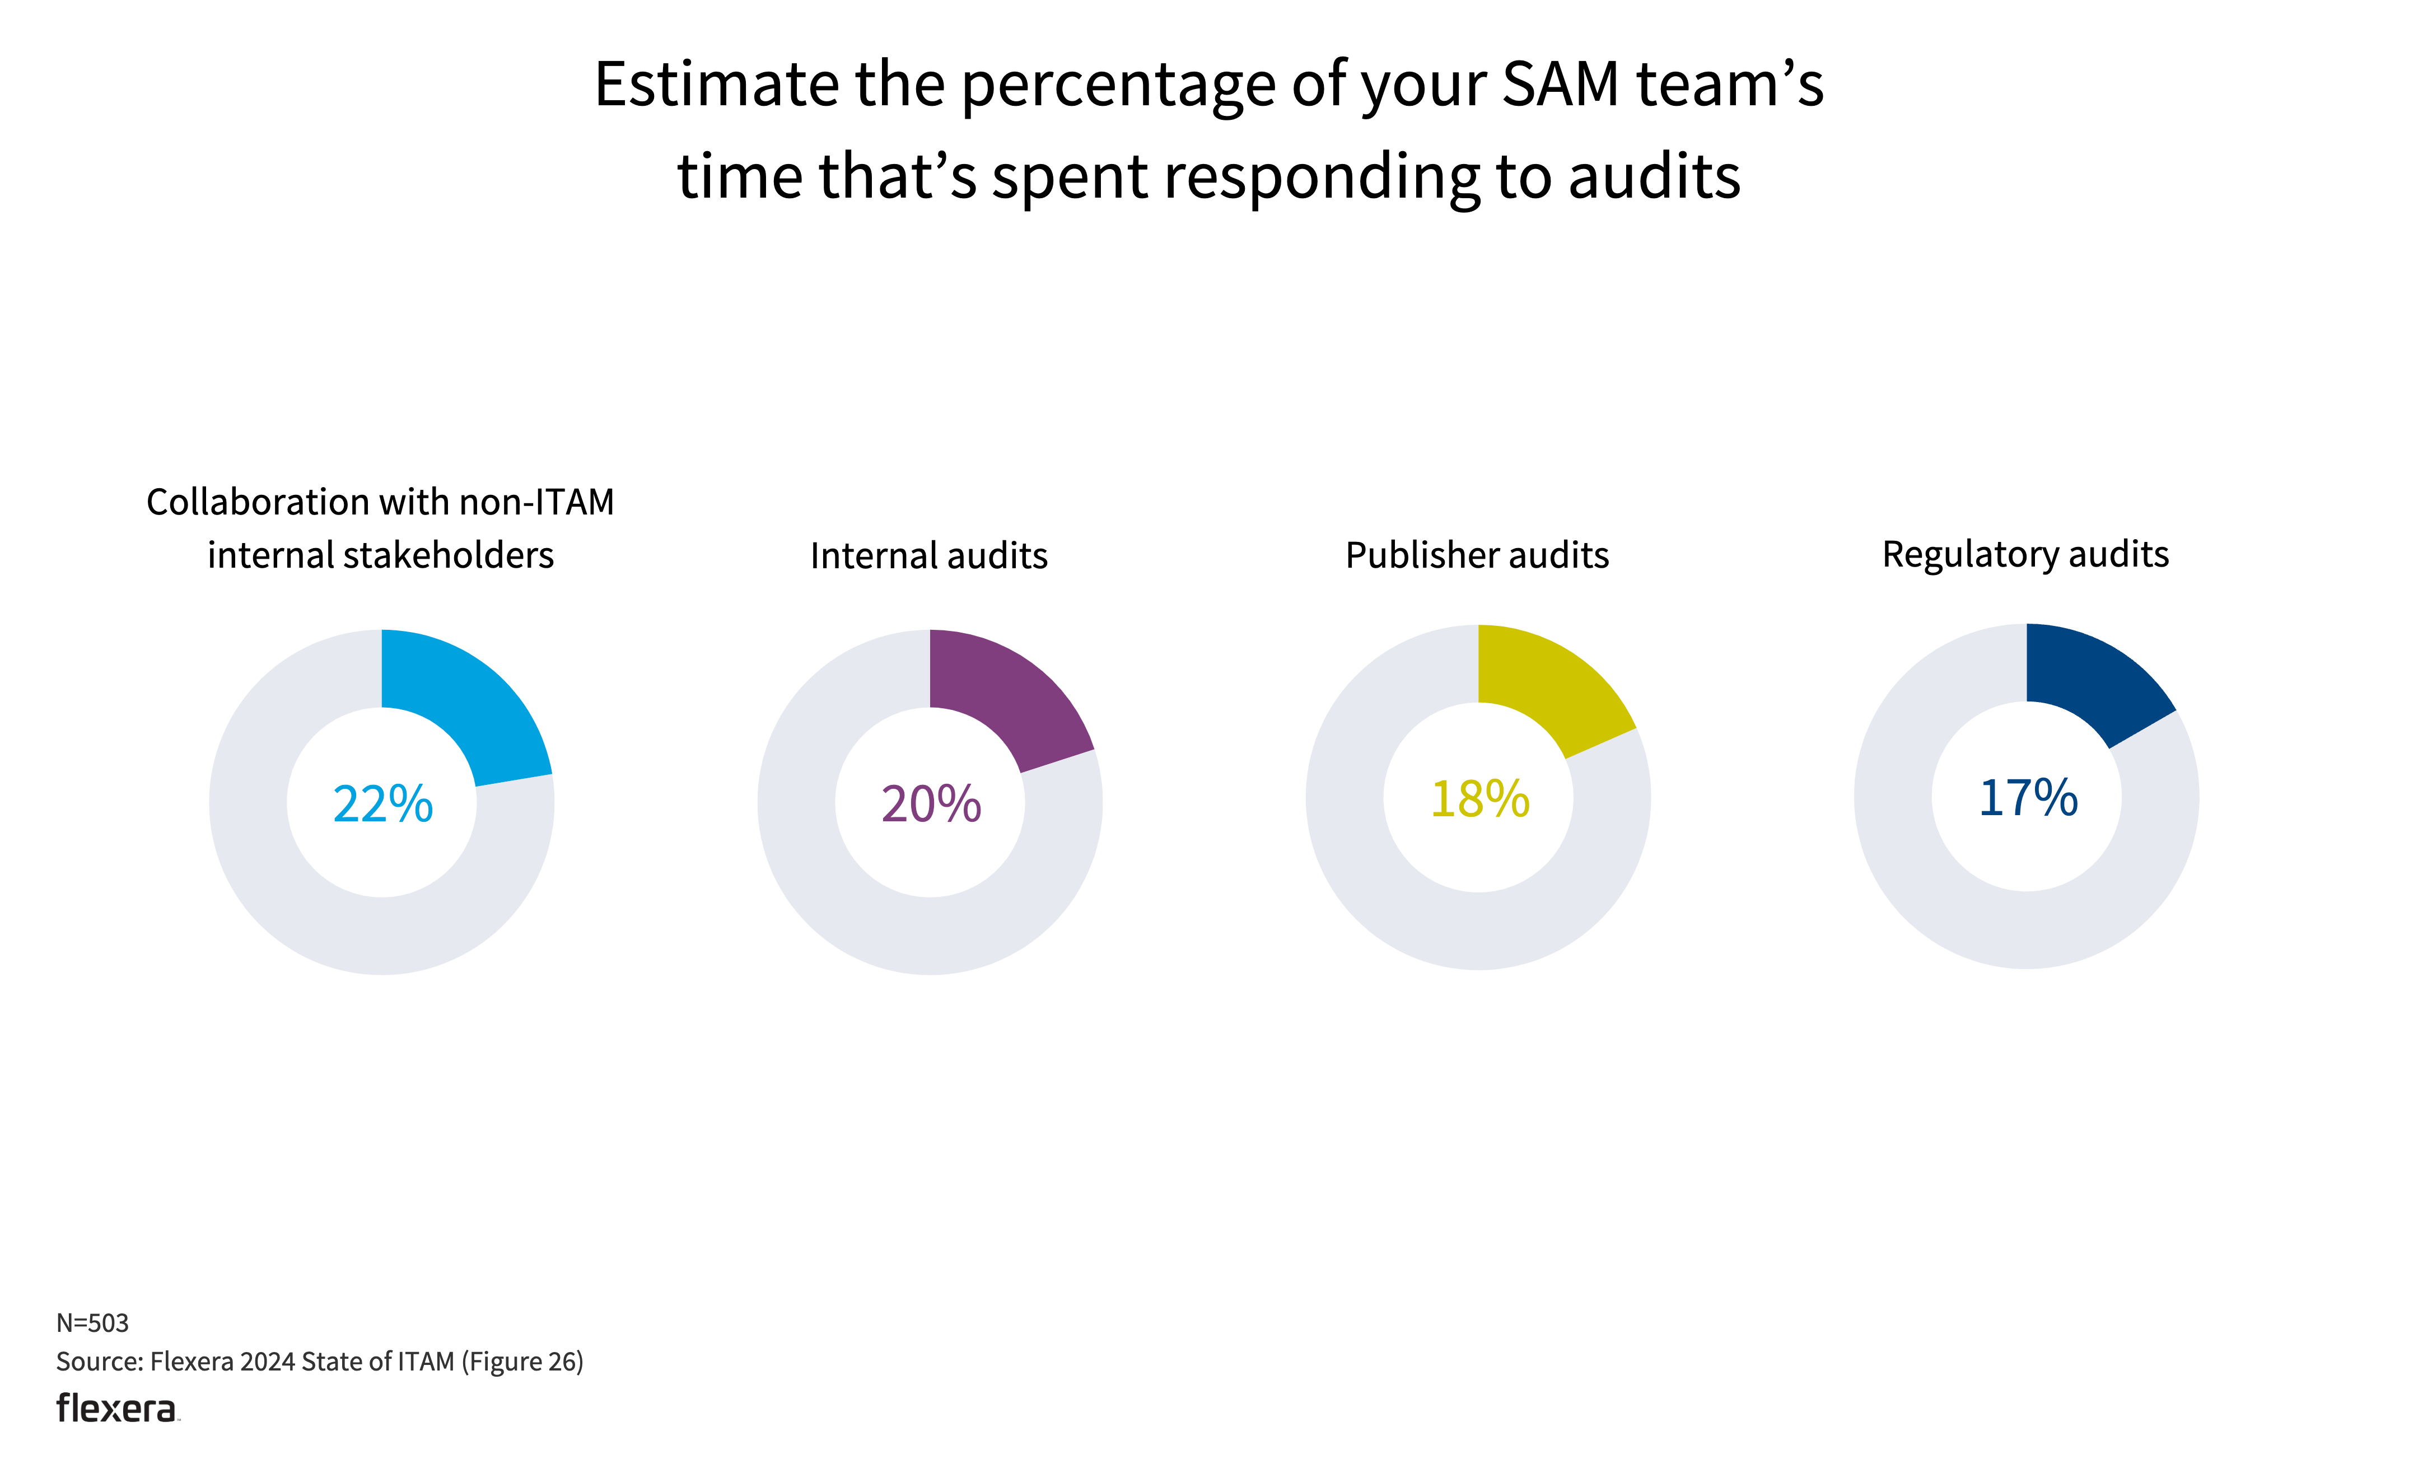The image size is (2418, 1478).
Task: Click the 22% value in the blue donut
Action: (382, 804)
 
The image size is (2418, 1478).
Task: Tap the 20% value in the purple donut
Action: (930, 804)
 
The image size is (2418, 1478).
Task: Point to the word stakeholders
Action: (450, 555)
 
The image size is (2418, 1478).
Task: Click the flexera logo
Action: (117, 1409)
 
